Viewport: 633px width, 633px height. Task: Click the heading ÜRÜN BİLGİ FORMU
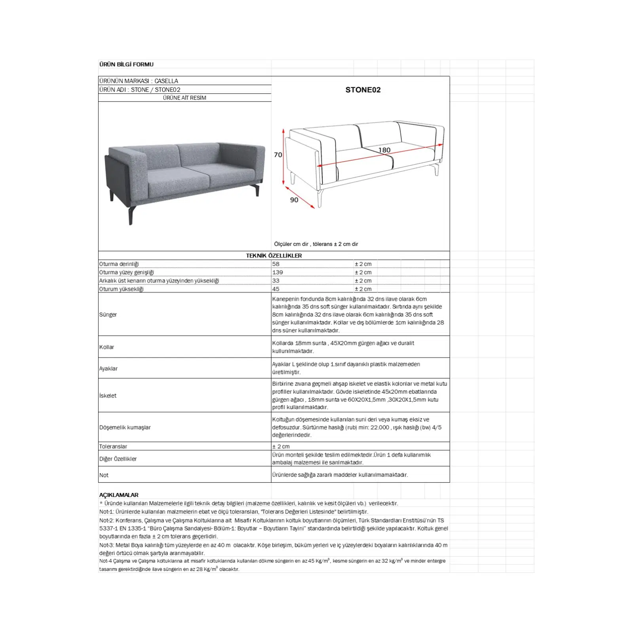click(126, 64)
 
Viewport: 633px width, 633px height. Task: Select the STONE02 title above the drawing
click(363, 90)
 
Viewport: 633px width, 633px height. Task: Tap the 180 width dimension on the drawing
click(384, 150)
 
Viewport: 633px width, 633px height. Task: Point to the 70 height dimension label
click(278, 155)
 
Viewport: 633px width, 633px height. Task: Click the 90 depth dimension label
click(294, 200)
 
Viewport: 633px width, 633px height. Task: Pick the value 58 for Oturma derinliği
click(276, 264)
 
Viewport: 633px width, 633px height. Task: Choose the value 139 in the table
click(277, 272)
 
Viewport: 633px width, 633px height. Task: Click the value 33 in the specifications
click(276, 280)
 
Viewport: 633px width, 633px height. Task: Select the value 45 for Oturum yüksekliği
click(276, 289)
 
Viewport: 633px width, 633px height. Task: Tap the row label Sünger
click(108, 315)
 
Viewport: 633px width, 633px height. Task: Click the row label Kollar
click(106, 347)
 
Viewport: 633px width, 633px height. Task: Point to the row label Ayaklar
click(108, 368)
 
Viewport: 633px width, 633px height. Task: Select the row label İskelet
click(108, 396)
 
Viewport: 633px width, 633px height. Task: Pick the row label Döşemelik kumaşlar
click(125, 427)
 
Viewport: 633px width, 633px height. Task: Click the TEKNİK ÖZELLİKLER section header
click(274, 256)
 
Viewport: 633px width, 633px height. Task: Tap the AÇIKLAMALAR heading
click(119, 495)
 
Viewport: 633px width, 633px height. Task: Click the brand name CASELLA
click(166, 81)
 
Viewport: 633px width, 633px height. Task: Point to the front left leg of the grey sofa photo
click(131, 216)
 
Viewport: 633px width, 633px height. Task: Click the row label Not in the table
click(104, 475)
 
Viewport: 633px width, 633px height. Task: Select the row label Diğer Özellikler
click(118, 459)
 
